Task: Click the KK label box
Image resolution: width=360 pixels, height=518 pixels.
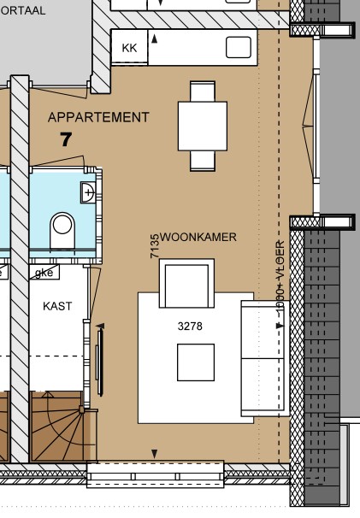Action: (x=130, y=48)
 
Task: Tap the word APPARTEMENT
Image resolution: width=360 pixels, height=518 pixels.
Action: (x=99, y=117)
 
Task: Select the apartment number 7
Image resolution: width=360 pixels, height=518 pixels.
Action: (x=66, y=138)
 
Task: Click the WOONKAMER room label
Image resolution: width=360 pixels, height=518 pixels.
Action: (x=198, y=237)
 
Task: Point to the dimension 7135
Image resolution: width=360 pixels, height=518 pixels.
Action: (x=155, y=246)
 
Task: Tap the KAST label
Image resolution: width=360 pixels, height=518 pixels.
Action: (x=57, y=306)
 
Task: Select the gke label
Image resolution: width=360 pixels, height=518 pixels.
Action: (x=43, y=273)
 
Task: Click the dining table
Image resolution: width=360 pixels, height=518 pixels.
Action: (x=203, y=126)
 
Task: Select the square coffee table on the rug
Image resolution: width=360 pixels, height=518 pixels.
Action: (x=196, y=362)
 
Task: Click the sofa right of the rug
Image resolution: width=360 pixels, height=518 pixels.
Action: (x=262, y=358)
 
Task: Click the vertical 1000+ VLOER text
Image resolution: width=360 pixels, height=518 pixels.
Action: (x=280, y=283)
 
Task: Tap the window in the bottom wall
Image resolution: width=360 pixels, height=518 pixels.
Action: (x=155, y=474)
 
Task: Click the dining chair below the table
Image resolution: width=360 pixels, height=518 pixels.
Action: (x=204, y=161)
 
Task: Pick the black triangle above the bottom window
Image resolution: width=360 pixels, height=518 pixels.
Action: (x=155, y=453)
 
